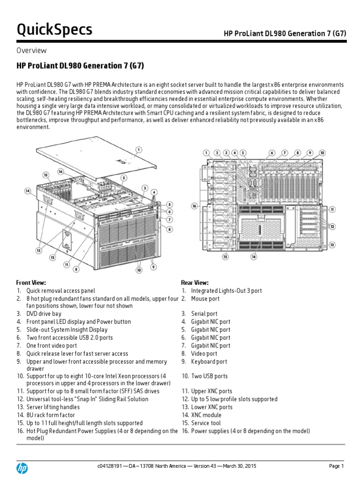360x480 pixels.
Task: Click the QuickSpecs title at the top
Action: [x=54, y=30]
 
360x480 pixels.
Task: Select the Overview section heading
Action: [x=31, y=51]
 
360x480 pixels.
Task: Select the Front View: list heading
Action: [x=31, y=283]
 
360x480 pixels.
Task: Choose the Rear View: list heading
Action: [x=195, y=283]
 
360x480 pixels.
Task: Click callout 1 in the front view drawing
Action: [x=139, y=150]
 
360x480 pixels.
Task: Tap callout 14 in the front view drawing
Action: [x=28, y=191]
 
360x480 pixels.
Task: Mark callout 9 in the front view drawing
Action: [x=153, y=267]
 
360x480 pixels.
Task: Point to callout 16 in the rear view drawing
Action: [x=195, y=206]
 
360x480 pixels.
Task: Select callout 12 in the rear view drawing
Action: [x=332, y=226]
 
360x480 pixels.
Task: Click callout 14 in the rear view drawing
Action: [x=254, y=256]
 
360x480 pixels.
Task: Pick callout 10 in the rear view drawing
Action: [x=322, y=153]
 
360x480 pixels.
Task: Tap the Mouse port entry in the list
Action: [x=205, y=299]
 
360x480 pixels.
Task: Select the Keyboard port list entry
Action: [x=209, y=361]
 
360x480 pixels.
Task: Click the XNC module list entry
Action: [x=206, y=415]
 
